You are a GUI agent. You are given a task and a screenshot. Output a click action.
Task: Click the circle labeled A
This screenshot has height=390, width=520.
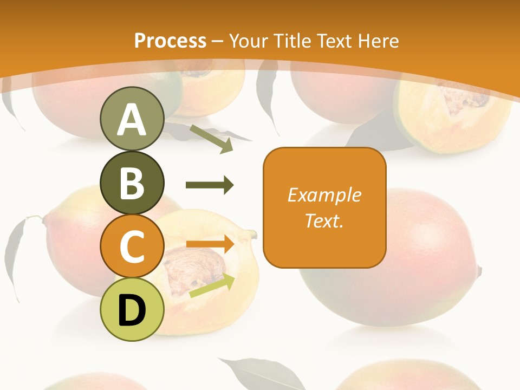132,119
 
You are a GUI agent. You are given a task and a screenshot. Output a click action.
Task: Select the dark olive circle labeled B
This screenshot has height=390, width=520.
132,183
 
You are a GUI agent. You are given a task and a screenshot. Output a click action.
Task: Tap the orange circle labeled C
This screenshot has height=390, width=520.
132,246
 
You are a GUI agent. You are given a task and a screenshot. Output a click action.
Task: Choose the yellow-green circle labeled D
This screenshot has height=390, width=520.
132,310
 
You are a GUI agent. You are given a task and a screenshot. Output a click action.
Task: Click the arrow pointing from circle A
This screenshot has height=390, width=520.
211,138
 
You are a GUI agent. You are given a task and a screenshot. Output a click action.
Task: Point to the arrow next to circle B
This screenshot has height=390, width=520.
210,185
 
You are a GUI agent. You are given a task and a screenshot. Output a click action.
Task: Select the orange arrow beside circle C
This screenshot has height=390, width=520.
210,244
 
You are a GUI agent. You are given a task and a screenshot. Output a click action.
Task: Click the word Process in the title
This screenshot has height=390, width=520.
170,41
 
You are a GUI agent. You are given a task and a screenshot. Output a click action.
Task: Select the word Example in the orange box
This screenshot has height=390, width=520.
324,195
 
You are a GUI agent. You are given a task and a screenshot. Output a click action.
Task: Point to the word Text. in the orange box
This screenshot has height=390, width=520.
324,220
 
